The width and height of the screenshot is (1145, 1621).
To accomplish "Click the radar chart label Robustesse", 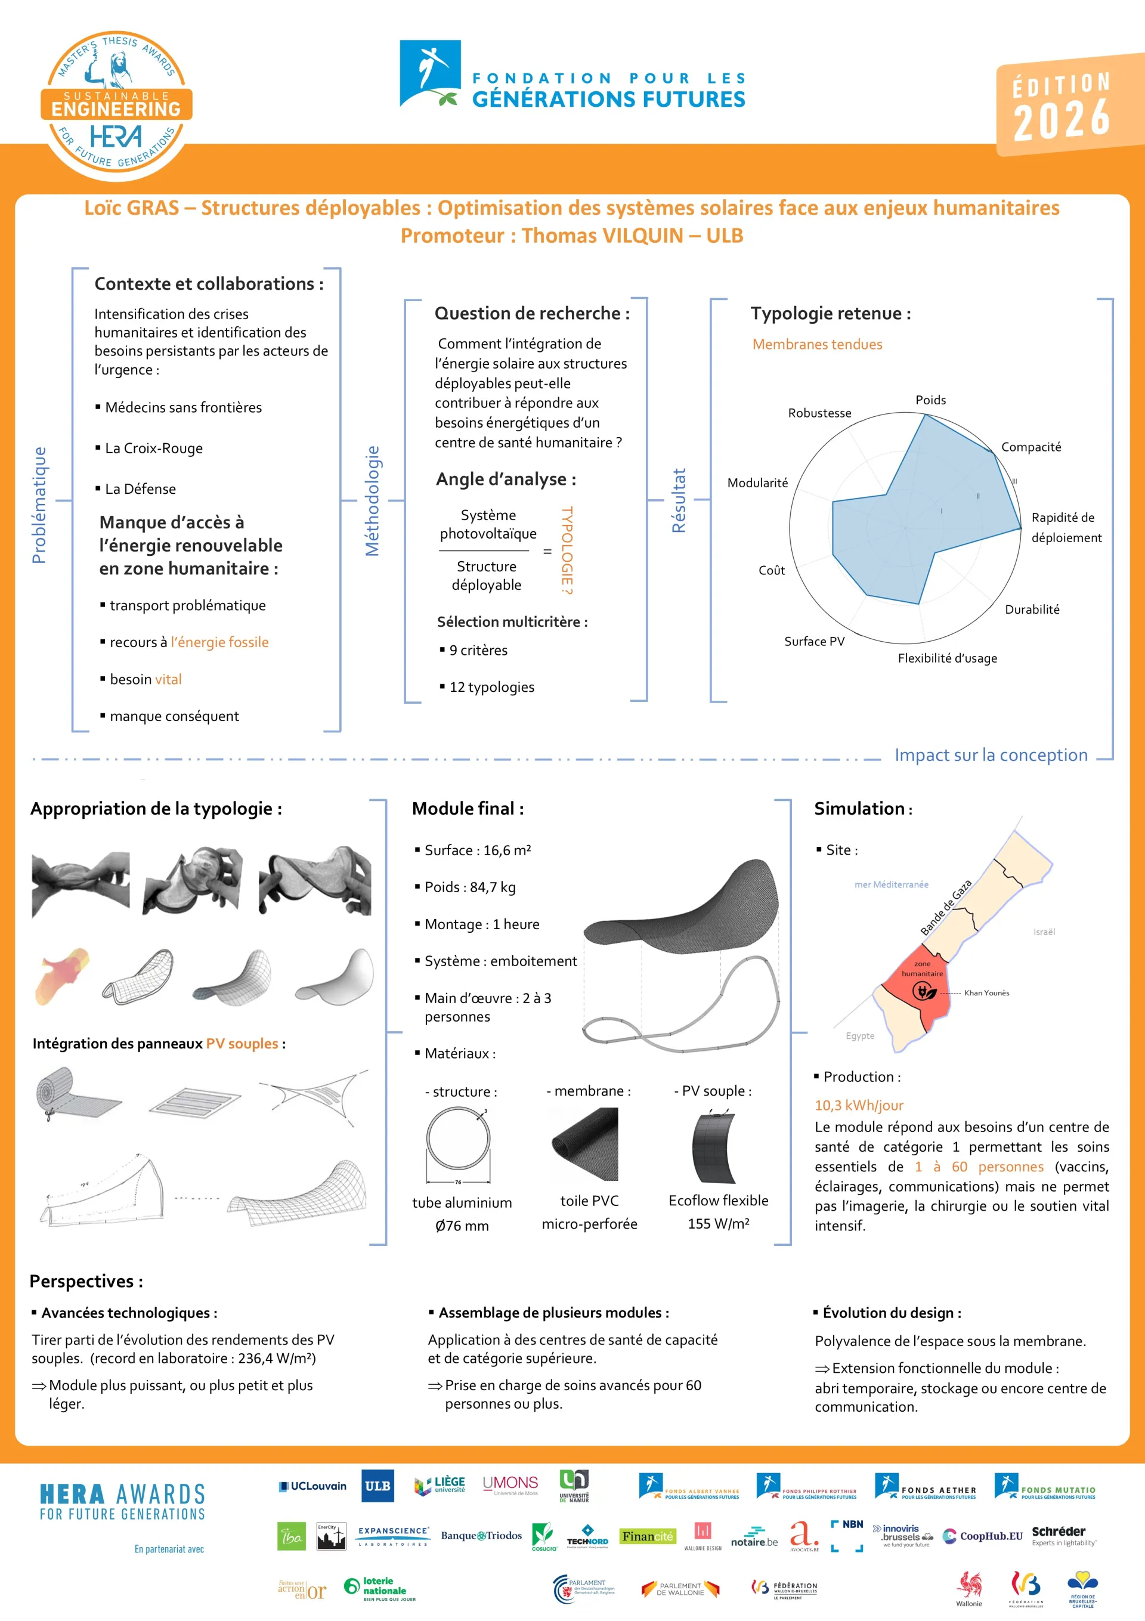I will point(819,413).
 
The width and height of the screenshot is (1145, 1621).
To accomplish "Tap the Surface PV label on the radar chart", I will point(814,641).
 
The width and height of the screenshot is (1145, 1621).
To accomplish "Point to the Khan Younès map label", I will point(986,992).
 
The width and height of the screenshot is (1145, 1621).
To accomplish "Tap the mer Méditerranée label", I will point(891,884).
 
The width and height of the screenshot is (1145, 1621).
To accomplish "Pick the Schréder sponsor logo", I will point(1063,1536).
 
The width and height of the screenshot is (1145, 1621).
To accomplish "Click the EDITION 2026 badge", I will point(1063,104).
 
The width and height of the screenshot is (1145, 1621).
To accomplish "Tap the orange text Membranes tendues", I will point(817,345).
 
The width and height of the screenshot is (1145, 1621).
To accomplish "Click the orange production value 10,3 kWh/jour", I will point(858,1106).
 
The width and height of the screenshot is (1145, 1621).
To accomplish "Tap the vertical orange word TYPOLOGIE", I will point(567,550).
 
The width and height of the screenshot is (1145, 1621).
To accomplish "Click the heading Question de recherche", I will point(531,314).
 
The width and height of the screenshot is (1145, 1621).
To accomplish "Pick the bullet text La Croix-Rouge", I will point(153,448).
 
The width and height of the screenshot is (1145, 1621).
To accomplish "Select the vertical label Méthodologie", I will point(372,500).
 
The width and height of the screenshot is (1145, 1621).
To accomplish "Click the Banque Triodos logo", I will point(481,1536).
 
